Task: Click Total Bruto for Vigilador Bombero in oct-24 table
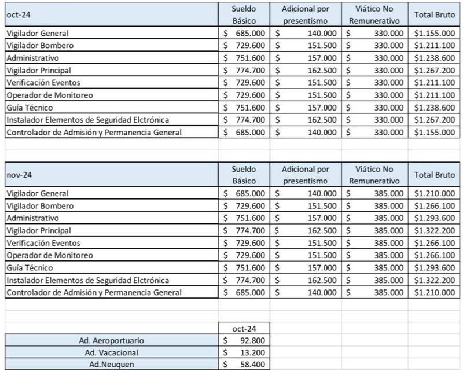[435, 45]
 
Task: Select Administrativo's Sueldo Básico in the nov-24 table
[251, 218]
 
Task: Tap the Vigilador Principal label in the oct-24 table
[38, 69]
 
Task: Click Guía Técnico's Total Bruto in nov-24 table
[435, 267]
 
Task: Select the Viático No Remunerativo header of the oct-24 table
[375, 14]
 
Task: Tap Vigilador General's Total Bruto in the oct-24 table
[435, 32]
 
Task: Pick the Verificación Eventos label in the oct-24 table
[43, 82]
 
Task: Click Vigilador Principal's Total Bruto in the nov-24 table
[435, 230]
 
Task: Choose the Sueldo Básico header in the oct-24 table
[244, 14]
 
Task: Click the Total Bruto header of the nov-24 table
[435, 174]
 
